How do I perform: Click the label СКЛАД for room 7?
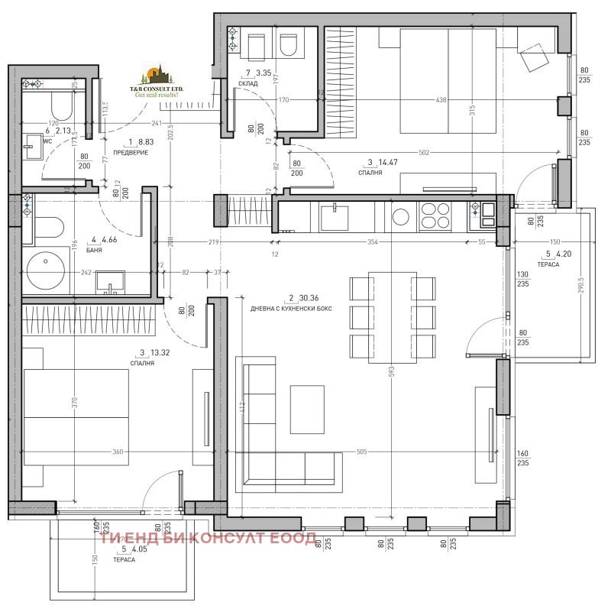[x=247, y=83]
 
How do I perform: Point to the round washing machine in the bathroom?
[x=44, y=269]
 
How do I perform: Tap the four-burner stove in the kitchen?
[x=435, y=215]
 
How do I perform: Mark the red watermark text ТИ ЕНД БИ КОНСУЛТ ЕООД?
[x=207, y=539]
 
